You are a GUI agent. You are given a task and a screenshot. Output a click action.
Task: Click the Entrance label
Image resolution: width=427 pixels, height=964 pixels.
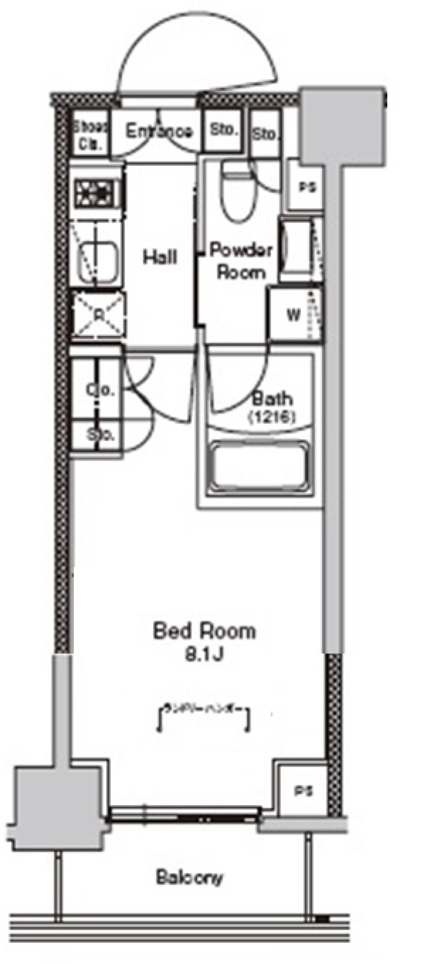(x=159, y=132)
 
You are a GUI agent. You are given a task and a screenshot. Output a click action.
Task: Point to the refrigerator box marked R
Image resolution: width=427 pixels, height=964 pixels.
(x=99, y=315)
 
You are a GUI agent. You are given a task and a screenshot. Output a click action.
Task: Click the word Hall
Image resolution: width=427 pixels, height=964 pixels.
(x=160, y=257)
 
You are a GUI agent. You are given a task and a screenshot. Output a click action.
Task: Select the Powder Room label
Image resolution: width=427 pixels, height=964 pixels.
(x=241, y=261)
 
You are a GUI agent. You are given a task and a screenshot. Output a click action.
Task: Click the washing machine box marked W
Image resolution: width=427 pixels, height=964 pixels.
(x=293, y=315)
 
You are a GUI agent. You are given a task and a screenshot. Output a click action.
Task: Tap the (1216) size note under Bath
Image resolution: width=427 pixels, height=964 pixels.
(x=271, y=416)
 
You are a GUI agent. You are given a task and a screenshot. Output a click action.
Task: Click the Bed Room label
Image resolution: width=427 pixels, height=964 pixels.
(x=204, y=632)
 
